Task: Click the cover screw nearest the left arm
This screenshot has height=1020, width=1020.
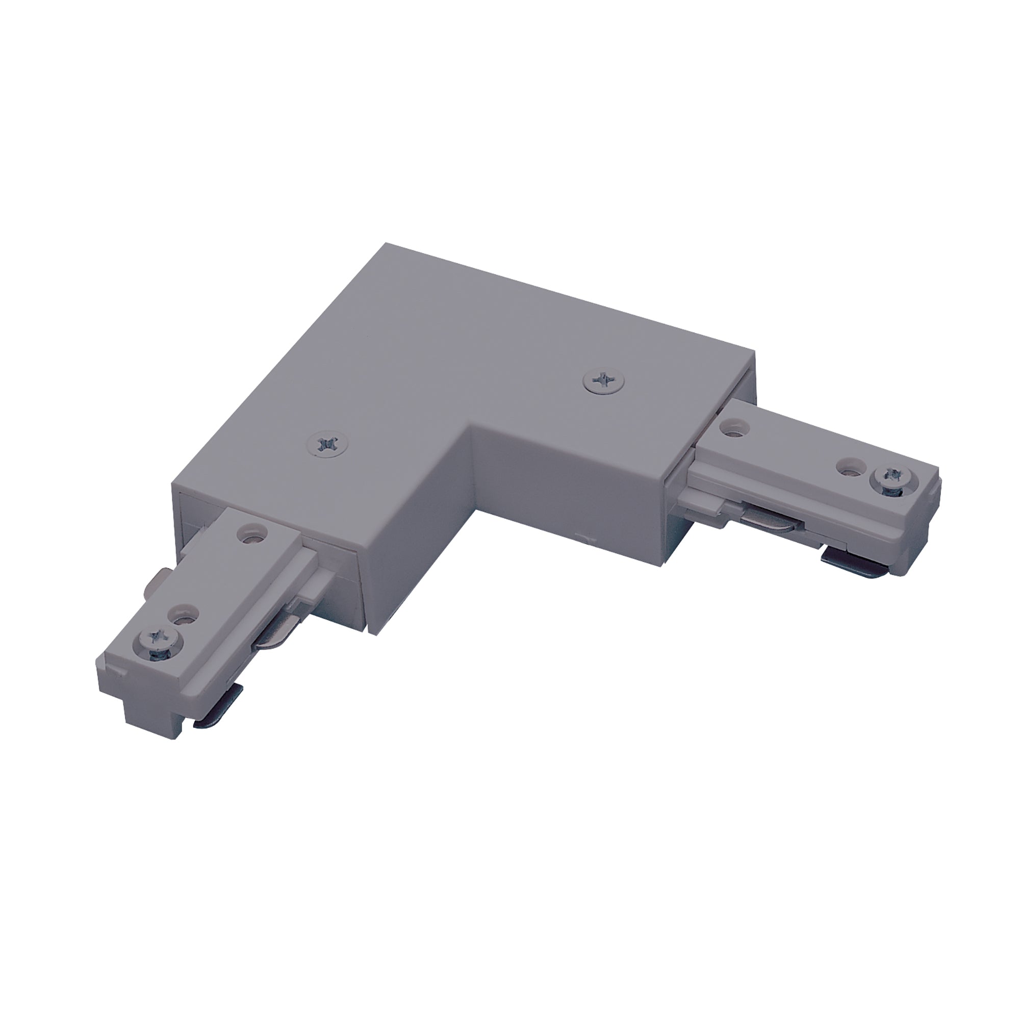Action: (325, 429)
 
